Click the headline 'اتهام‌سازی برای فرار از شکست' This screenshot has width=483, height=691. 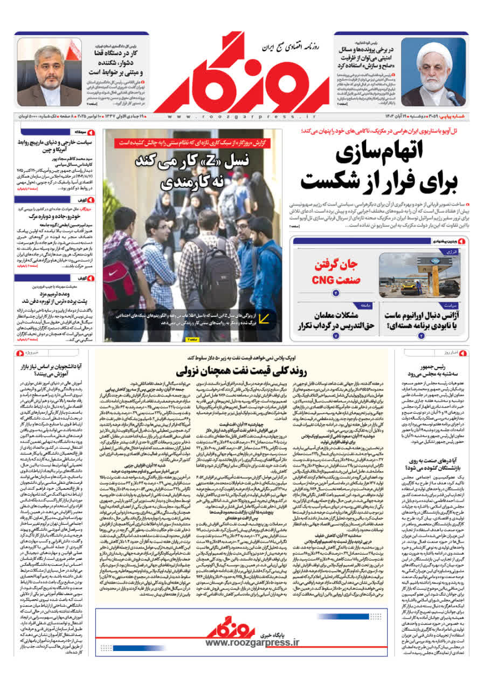coord(380,170)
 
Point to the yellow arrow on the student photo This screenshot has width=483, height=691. coord(263,318)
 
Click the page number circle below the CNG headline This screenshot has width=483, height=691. coord(335,293)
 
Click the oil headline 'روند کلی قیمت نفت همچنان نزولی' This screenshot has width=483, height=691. coord(241,371)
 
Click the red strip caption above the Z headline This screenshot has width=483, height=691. coord(192,143)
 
